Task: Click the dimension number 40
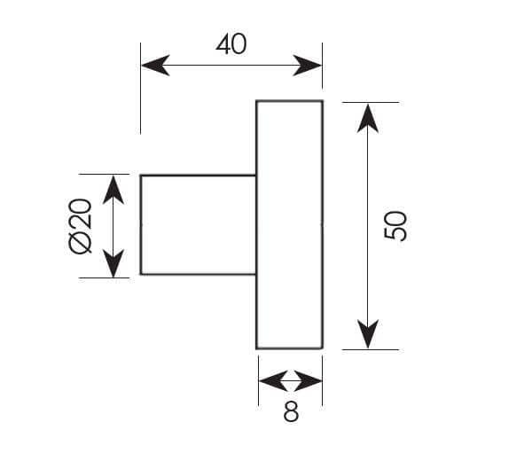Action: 231,44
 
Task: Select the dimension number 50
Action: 395,226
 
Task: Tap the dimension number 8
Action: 291,411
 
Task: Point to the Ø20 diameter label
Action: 80,226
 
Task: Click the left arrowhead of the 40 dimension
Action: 155,65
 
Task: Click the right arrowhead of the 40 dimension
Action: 308,65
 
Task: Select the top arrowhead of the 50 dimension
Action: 368,118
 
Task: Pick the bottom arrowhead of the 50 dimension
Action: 368,334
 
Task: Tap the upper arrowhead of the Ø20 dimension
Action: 113,190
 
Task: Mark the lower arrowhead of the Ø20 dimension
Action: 113,263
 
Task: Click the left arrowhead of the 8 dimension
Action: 273,380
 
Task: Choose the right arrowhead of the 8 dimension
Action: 308,380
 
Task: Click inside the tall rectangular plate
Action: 289,224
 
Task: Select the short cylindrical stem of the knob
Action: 198,224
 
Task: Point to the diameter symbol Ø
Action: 80,242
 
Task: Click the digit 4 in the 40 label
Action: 223,44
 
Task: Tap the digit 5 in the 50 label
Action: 395,234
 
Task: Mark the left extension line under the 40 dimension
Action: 140,89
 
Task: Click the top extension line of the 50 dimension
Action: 371,102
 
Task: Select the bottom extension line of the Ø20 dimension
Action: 104,277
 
